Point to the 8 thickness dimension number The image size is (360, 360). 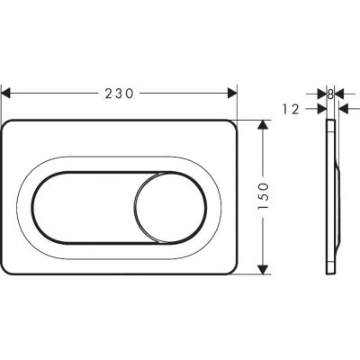pos(331,92)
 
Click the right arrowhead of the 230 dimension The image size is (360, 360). pos(231,92)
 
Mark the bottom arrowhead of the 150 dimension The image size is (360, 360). pos(262,267)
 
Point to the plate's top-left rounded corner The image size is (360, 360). pos(11,126)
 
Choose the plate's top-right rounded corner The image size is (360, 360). pos(230,126)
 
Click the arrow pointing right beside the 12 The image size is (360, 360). pos(319,108)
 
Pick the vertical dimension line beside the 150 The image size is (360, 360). pos(262,153)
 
